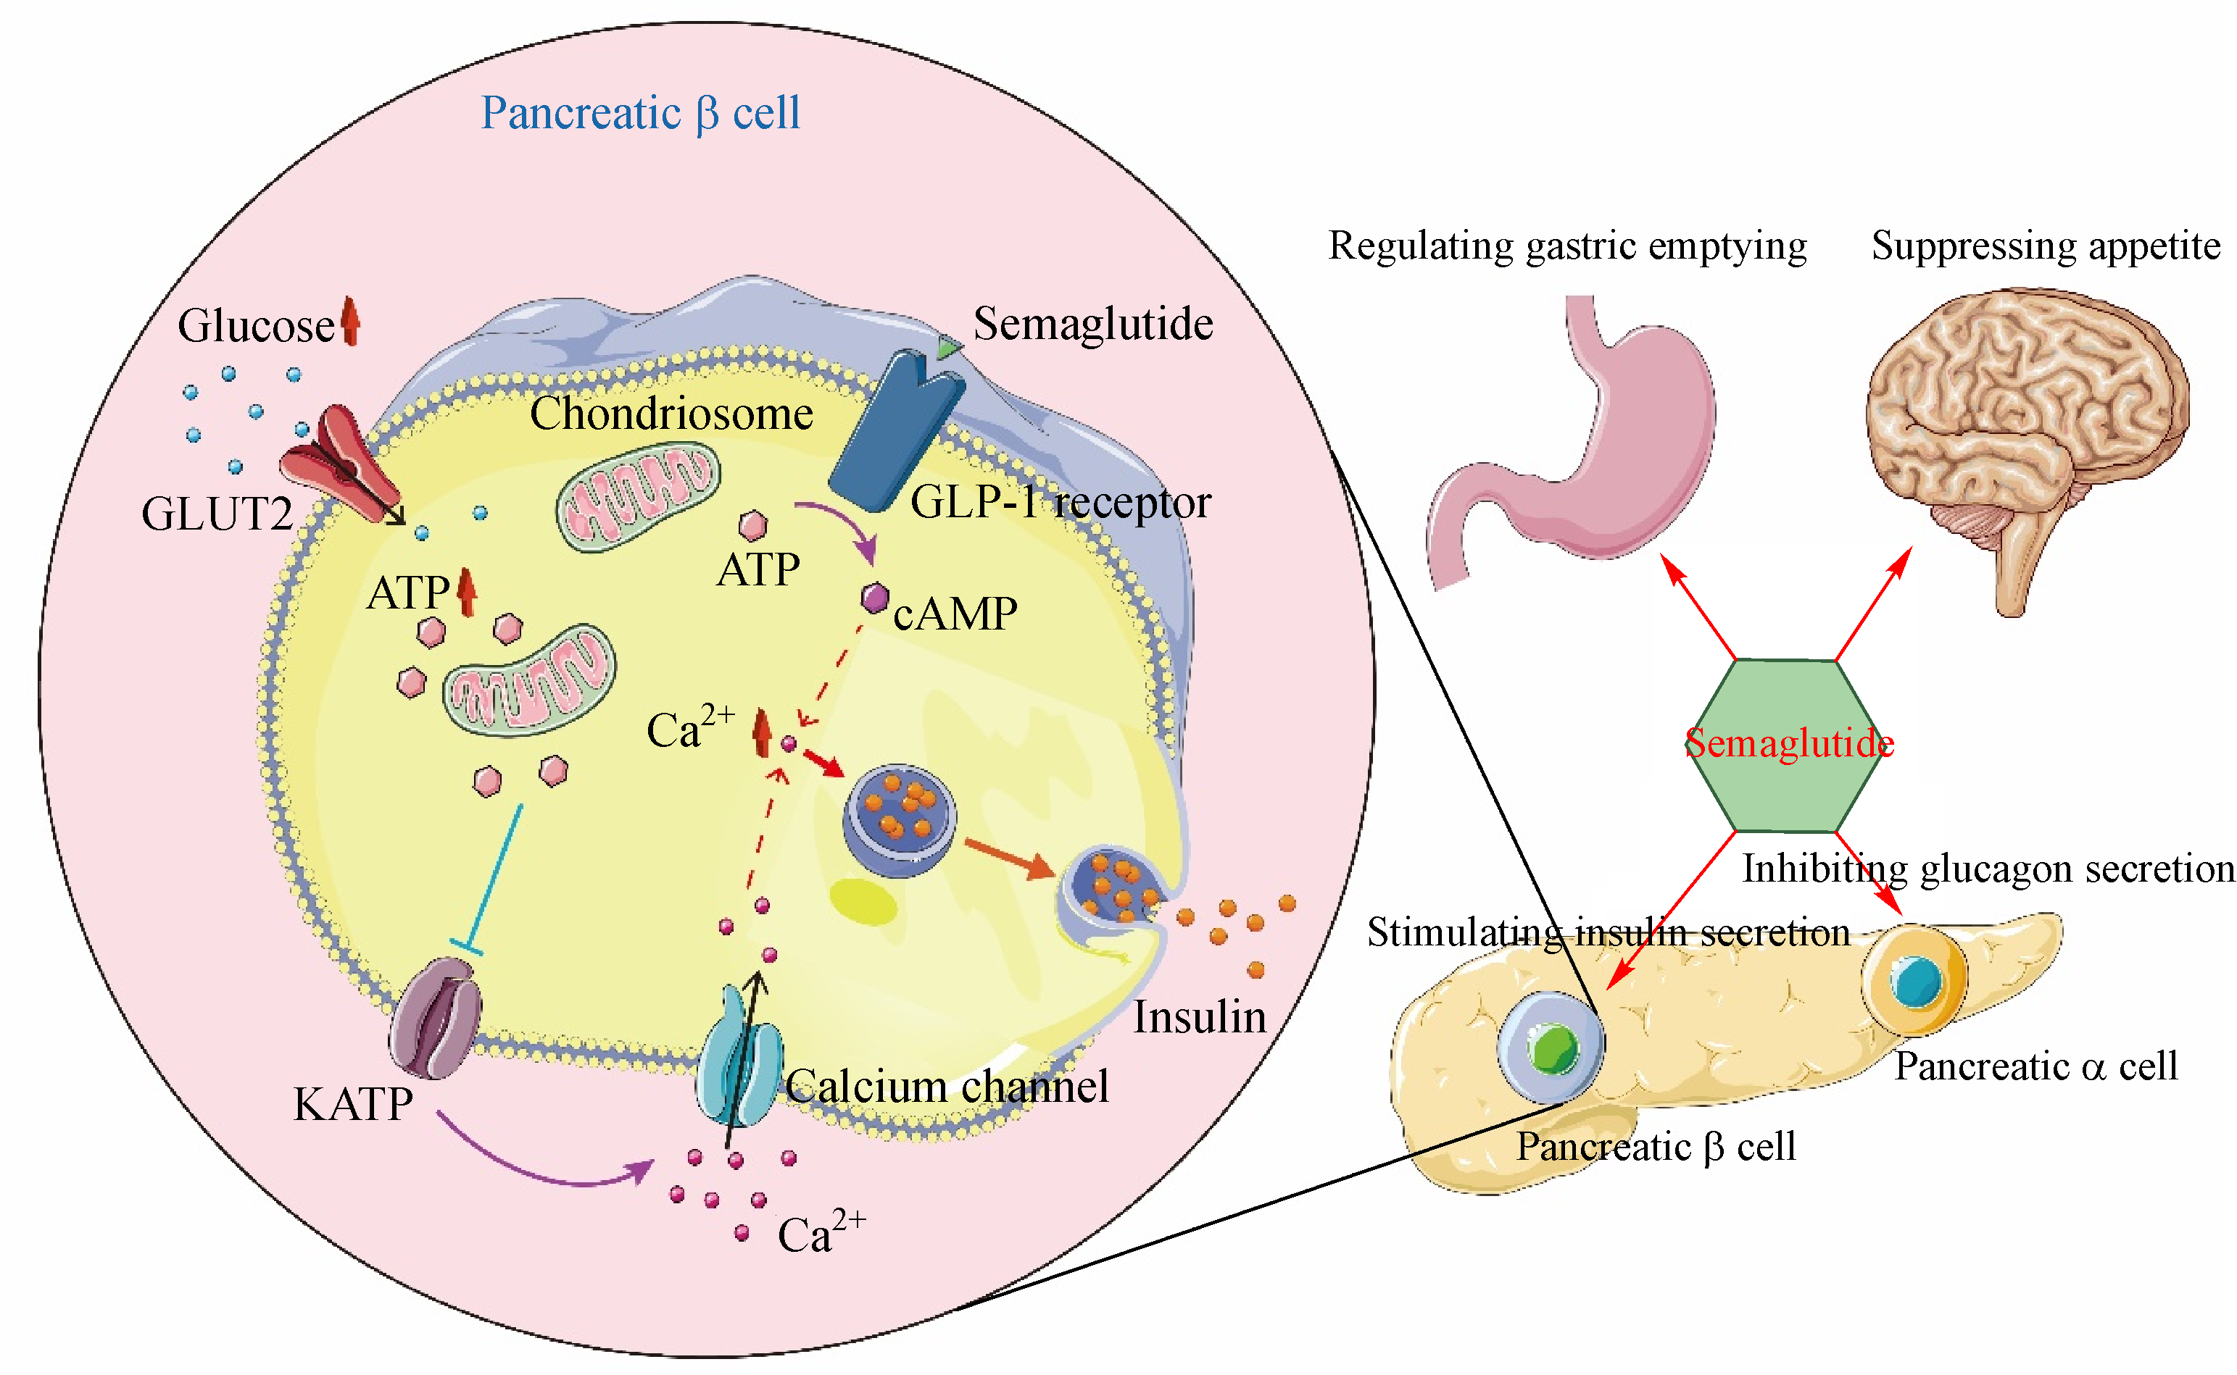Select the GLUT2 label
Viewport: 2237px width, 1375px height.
pyautogui.click(x=217, y=514)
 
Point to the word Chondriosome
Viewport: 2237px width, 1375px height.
pyautogui.click(x=671, y=414)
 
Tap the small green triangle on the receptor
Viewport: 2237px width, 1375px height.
pyautogui.click(x=948, y=348)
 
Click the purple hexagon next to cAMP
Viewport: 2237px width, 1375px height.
pyautogui.click(x=875, y=598)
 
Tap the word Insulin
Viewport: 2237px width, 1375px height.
pyautogui.click(x=1199, y=1016)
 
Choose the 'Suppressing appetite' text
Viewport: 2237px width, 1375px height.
pyautogui.click(x=2045, y=246)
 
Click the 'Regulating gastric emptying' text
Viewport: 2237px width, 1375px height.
pyautogui.click(x=1567, y=246)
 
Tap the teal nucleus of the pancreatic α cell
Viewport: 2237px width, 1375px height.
pyautogui.click(x=1916, y=980)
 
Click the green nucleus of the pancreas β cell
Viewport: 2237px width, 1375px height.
pyautogui.click(x=1555, y=1048)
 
